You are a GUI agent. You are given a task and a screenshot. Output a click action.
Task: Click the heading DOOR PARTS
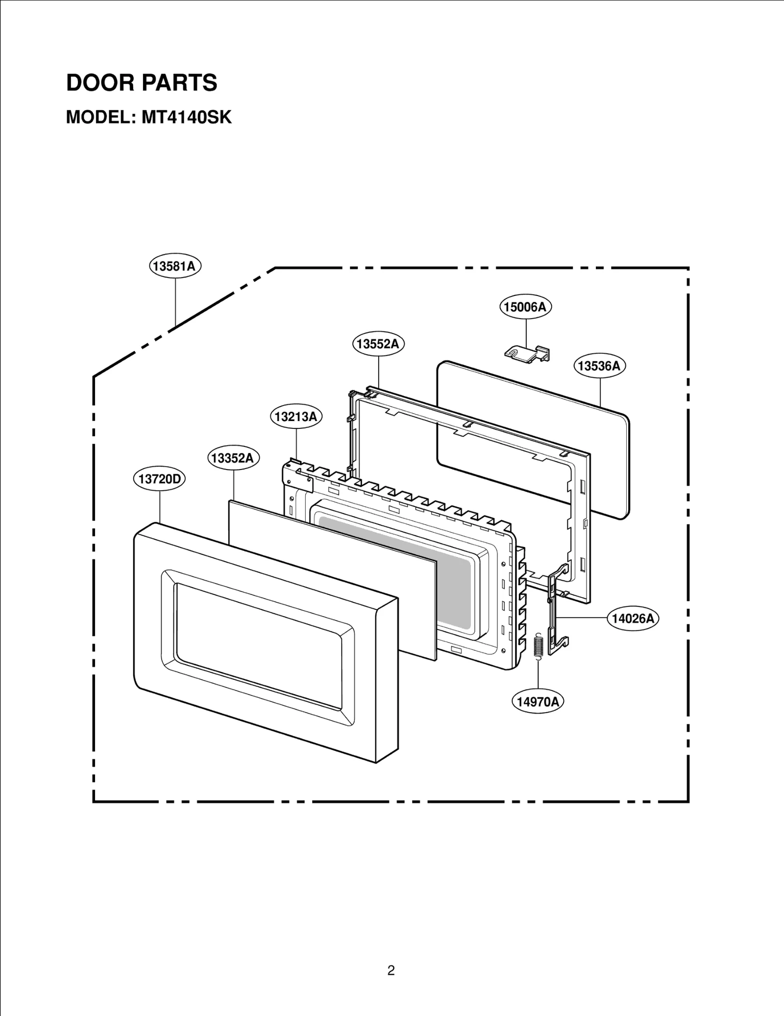tap(142, 83)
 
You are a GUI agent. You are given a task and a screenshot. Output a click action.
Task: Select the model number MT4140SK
tap(186, 118)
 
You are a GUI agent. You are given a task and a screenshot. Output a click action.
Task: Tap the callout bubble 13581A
tap(175, 266)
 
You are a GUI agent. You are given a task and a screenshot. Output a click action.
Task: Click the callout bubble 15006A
tap(526, 307)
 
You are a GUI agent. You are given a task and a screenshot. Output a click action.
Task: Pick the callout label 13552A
tap(378, 344)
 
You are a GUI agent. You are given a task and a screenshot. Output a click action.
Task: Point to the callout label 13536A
tap(599, 366)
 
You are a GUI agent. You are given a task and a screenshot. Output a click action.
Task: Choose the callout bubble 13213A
tap(296, 417)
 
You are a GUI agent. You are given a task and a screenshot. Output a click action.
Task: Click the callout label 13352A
tap(233, 458)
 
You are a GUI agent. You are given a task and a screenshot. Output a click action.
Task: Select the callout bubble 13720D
tap(159, 479)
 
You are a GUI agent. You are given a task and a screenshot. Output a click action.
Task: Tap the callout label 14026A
tap(633, 619)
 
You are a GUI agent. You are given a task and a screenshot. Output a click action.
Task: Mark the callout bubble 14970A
tap(538, 702)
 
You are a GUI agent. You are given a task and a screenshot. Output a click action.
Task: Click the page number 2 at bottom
tap(391, 956)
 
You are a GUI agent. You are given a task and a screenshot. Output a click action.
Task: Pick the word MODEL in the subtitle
tap(97, 118)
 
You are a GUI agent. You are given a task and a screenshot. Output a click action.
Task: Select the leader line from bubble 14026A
tap(583, 619)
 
